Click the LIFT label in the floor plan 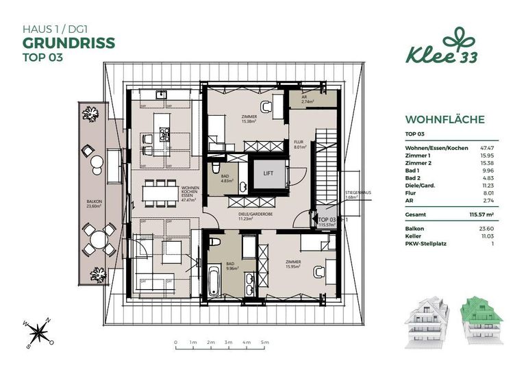tap(268, 173)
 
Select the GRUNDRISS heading tap(68, 42)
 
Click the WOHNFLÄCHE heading tap(444, 120)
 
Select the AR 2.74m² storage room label tap(308, 99)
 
